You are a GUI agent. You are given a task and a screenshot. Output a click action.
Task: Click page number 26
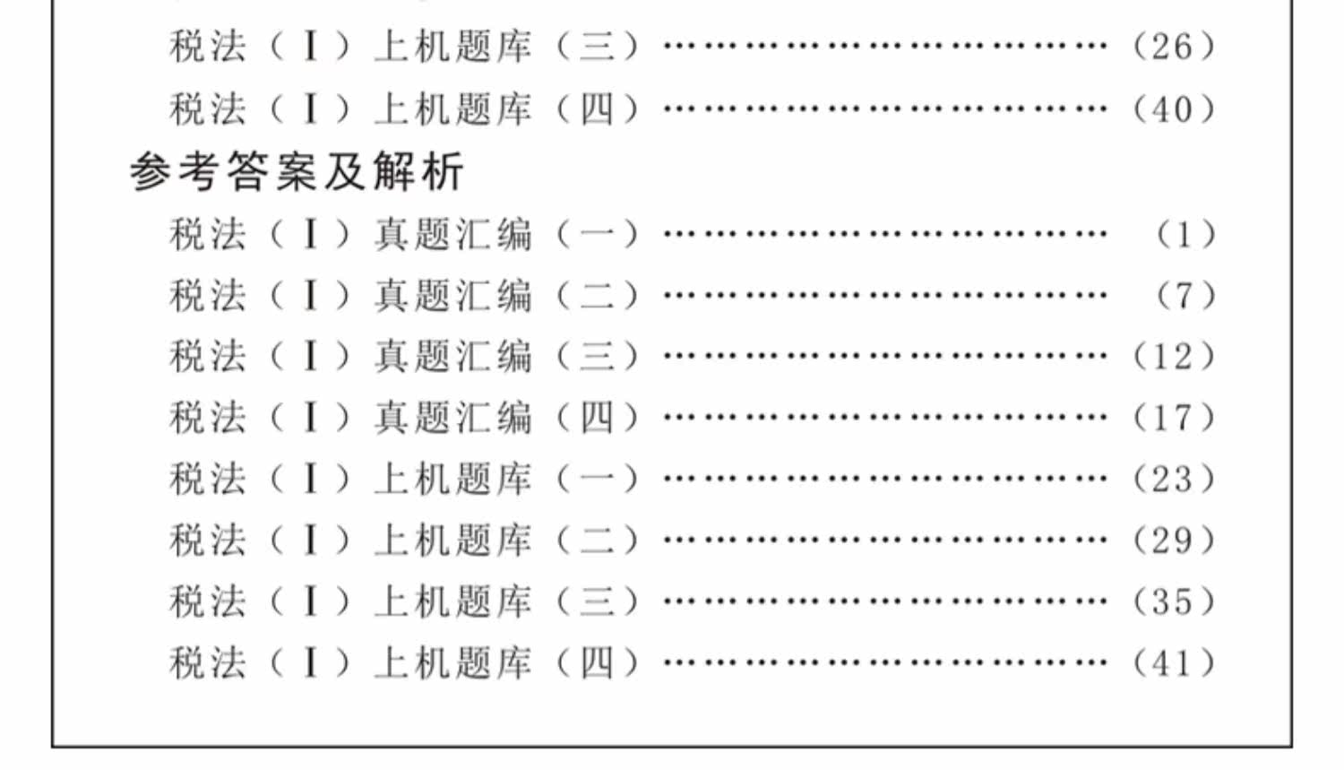pos(1174,47)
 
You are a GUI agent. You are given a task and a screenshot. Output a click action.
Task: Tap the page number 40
pos(1174,110)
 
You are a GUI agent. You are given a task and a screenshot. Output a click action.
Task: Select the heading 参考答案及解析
pos(297,172)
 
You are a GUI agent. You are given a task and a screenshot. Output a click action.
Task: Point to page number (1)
pos(1185,235)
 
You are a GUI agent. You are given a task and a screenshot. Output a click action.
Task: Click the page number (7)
pos(1185,296)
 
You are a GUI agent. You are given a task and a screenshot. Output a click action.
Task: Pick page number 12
pos(1174,357)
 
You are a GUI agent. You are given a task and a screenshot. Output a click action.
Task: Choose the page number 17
pos(1174,419)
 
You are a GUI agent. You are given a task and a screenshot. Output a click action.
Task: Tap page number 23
pos(1174,480)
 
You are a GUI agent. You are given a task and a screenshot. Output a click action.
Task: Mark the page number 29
pos(1174,541)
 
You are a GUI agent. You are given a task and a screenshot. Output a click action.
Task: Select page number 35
pos(1174,602)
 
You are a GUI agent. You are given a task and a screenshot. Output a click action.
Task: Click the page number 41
pos(1174,663)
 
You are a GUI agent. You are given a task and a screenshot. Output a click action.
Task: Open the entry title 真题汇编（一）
pos(507,235)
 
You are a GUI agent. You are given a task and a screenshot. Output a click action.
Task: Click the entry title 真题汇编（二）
pos(507,296)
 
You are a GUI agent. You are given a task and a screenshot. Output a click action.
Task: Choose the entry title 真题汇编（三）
pos(507,357)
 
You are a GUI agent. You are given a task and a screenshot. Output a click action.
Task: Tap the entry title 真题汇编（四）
pos(507,419)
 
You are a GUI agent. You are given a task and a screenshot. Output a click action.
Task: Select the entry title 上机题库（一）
pos(507,480)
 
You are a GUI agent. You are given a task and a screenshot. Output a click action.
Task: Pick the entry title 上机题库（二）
pos(507,541)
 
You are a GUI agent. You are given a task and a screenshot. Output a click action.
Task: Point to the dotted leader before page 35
pos(885,601)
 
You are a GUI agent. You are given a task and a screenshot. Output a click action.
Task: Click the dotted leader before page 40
pos(885,108)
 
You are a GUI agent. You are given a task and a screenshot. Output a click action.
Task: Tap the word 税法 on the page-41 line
pos(208,663)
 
